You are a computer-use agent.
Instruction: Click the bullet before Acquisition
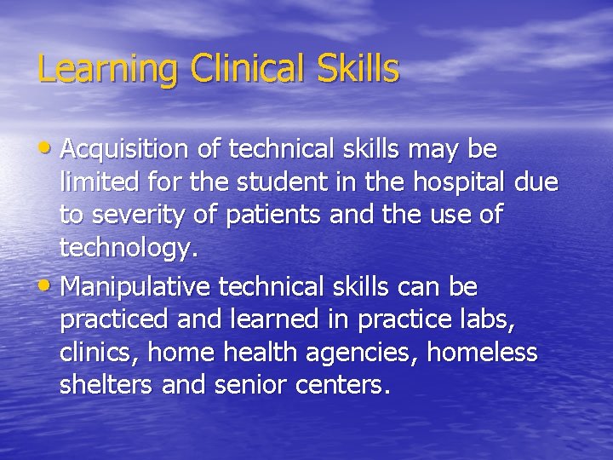[x=48, y=150]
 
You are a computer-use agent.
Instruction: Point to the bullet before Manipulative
[x=48, y=286]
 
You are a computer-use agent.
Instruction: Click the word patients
[x=272, y=216]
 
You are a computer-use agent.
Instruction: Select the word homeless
[x=482, y=352]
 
